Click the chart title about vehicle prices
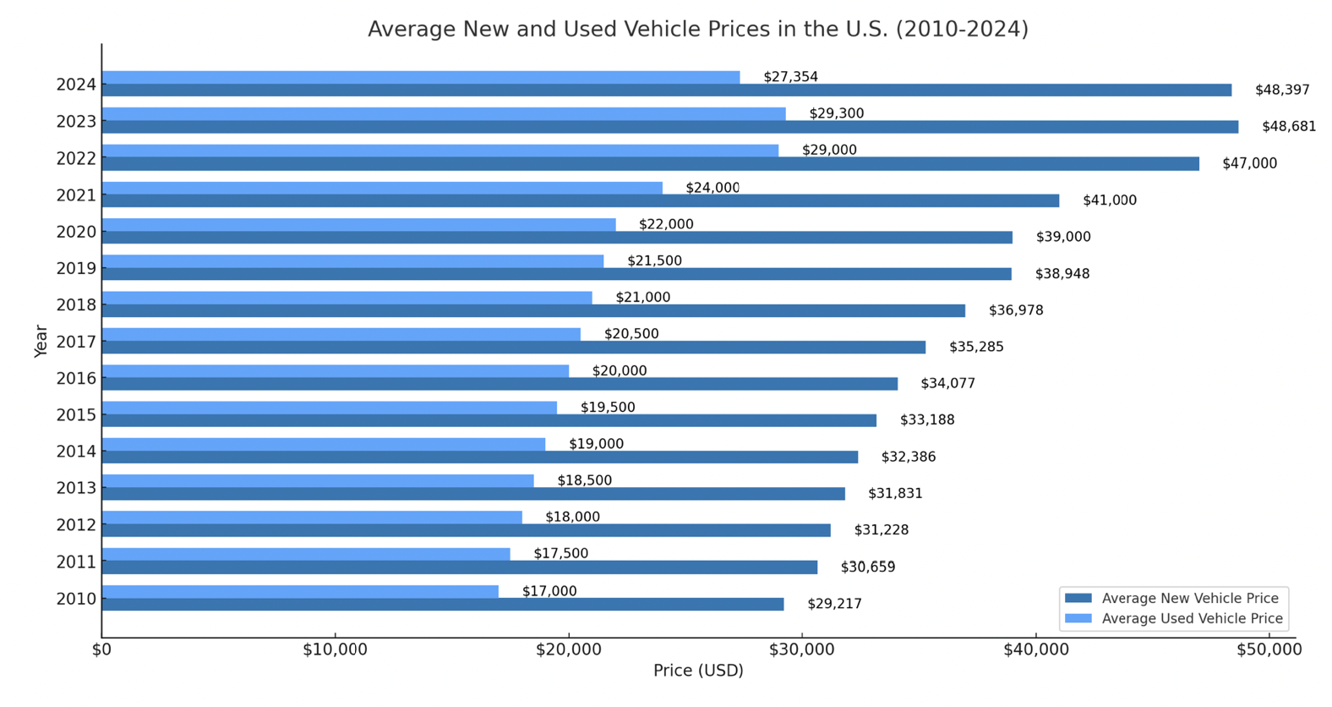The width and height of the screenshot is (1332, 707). tap(697, 30)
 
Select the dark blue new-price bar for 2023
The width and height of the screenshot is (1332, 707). tap(669, 127)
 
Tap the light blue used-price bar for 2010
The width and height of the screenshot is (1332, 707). tap(300, 591)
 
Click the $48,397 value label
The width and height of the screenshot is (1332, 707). tap(1281, 90)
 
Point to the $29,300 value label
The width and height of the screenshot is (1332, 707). tap(836, 113)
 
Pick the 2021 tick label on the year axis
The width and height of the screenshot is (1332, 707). tap(76, 195)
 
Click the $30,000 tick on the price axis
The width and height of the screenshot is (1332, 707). tap(802, 649)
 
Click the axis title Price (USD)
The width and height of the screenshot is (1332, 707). tap(698, 671)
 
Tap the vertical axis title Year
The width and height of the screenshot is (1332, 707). tap(41, 341)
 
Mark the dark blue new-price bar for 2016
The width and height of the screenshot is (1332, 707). tap(499, 384)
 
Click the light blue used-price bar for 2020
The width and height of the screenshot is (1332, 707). tap(358, 225)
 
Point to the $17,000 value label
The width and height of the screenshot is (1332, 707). tap(549, 591)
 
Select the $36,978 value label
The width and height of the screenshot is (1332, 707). tap(1015, 310)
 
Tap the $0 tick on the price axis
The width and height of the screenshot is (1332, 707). tap(101, 649)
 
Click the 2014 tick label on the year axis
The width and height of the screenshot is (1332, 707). tap(76, 452)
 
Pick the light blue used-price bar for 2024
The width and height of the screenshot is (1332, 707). tap(420, 78)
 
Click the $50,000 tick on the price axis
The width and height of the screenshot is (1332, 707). tap(1269, 649)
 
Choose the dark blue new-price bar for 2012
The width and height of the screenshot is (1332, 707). tap(466, 530)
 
